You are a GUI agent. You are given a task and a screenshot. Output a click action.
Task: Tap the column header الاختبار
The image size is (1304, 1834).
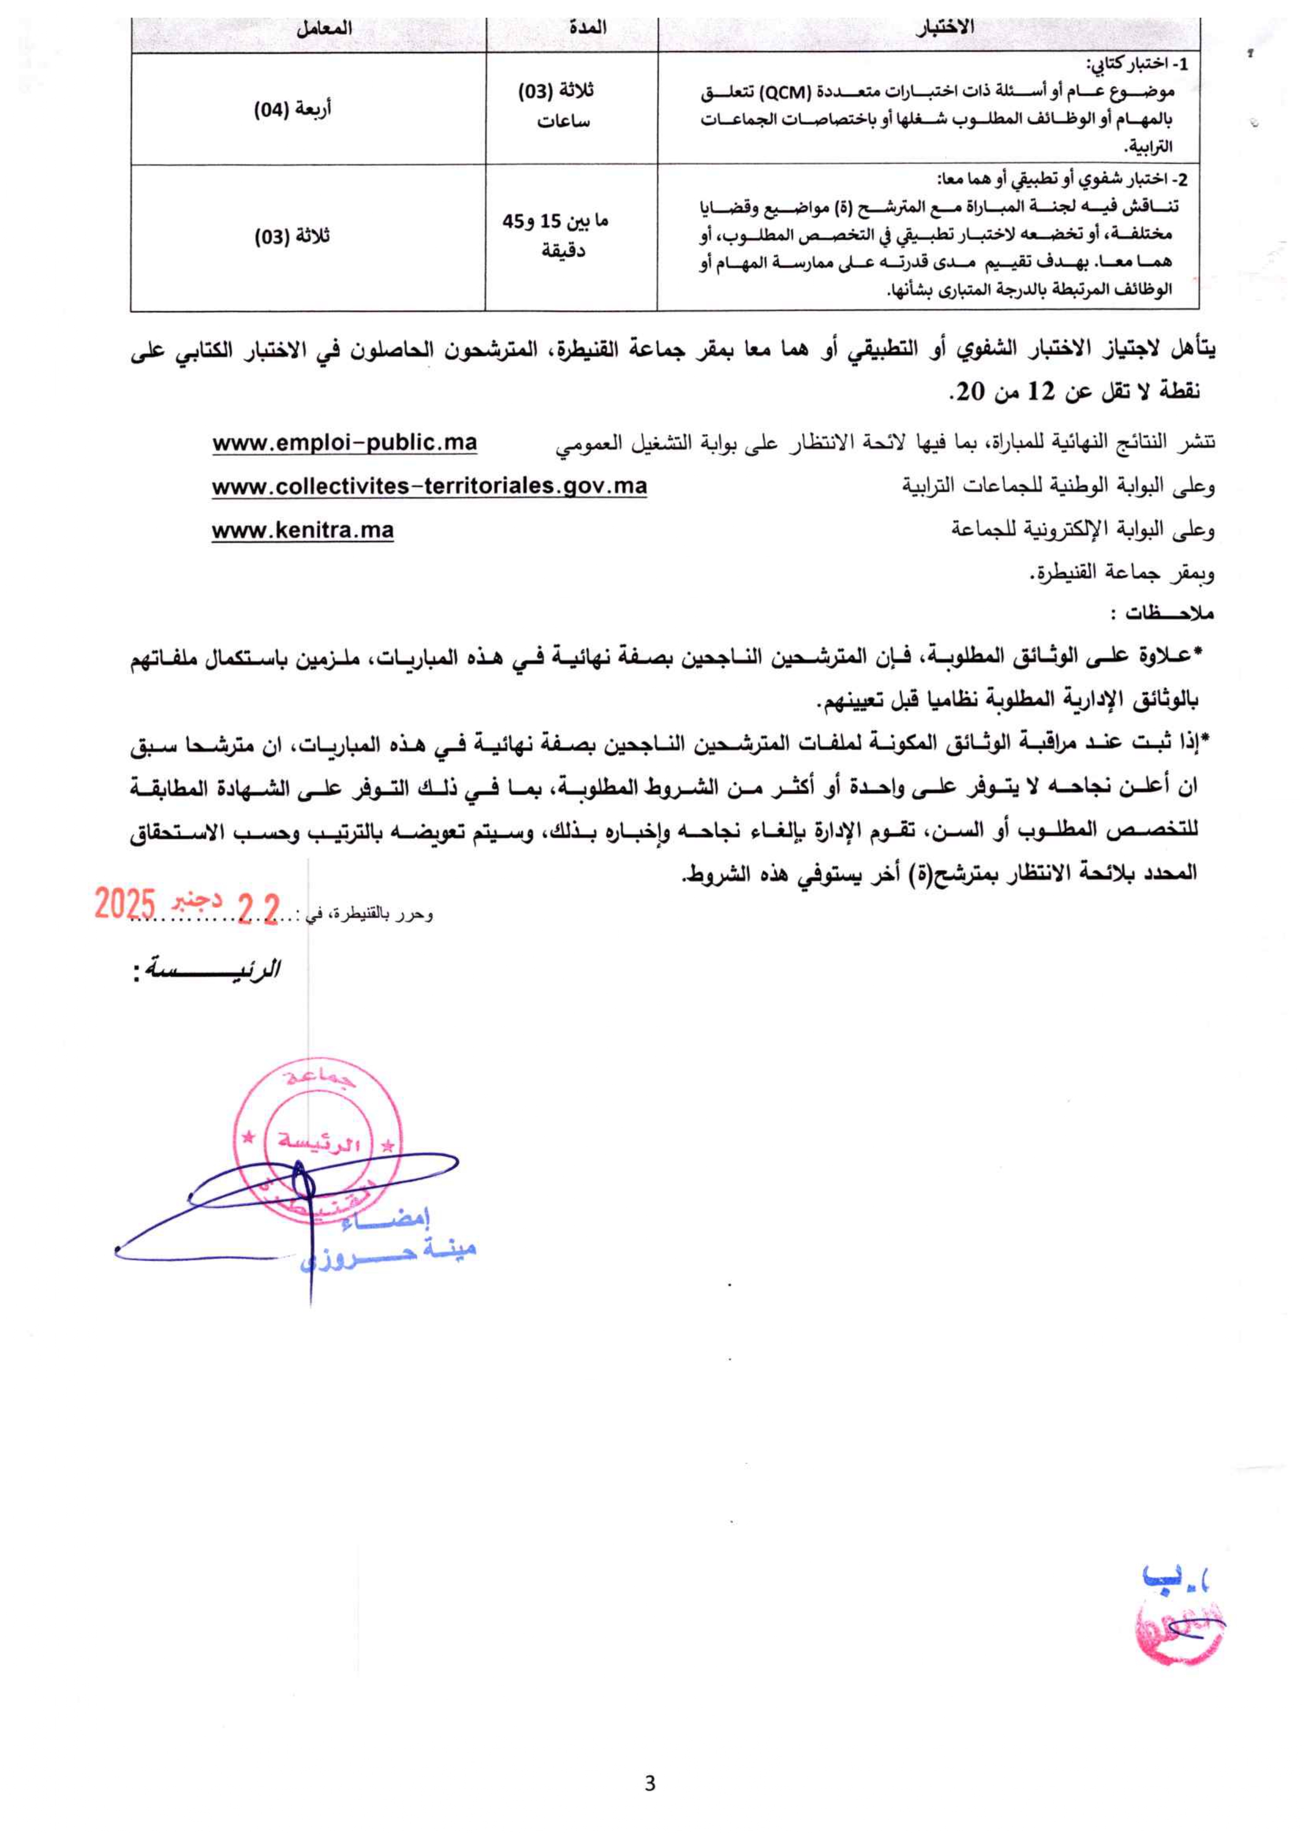[945, 27]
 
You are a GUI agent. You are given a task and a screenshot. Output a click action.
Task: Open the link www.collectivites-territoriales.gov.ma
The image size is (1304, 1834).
[430, 486]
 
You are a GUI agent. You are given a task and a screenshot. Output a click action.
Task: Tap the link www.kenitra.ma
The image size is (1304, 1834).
[303, 531]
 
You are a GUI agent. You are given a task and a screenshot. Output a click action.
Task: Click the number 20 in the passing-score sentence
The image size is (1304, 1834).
[969, 392]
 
